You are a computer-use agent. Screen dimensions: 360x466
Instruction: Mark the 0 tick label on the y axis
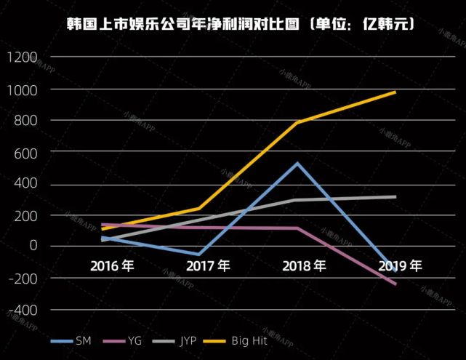click(33, 246)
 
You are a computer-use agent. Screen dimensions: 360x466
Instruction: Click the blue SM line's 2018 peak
click(297, 163)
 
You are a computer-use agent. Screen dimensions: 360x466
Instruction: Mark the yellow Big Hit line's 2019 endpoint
click(395, 92)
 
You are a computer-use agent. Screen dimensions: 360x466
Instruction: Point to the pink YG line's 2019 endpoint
click(395, 284)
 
